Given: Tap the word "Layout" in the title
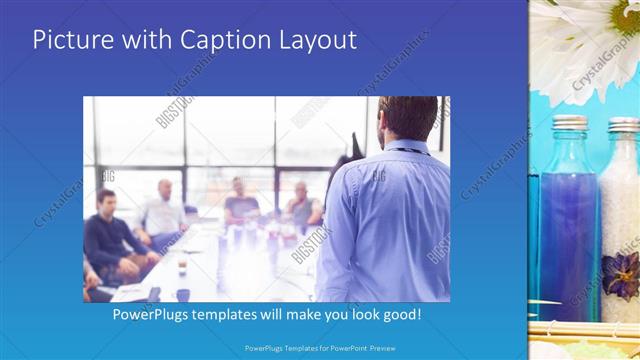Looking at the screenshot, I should (318, 41).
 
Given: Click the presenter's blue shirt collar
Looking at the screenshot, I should (405, 148).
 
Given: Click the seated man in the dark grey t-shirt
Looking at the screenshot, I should (240, 205).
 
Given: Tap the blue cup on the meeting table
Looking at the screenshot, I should (183, 294).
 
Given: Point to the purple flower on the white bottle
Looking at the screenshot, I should (620, 276).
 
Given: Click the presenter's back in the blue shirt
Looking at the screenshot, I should (385, 225).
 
